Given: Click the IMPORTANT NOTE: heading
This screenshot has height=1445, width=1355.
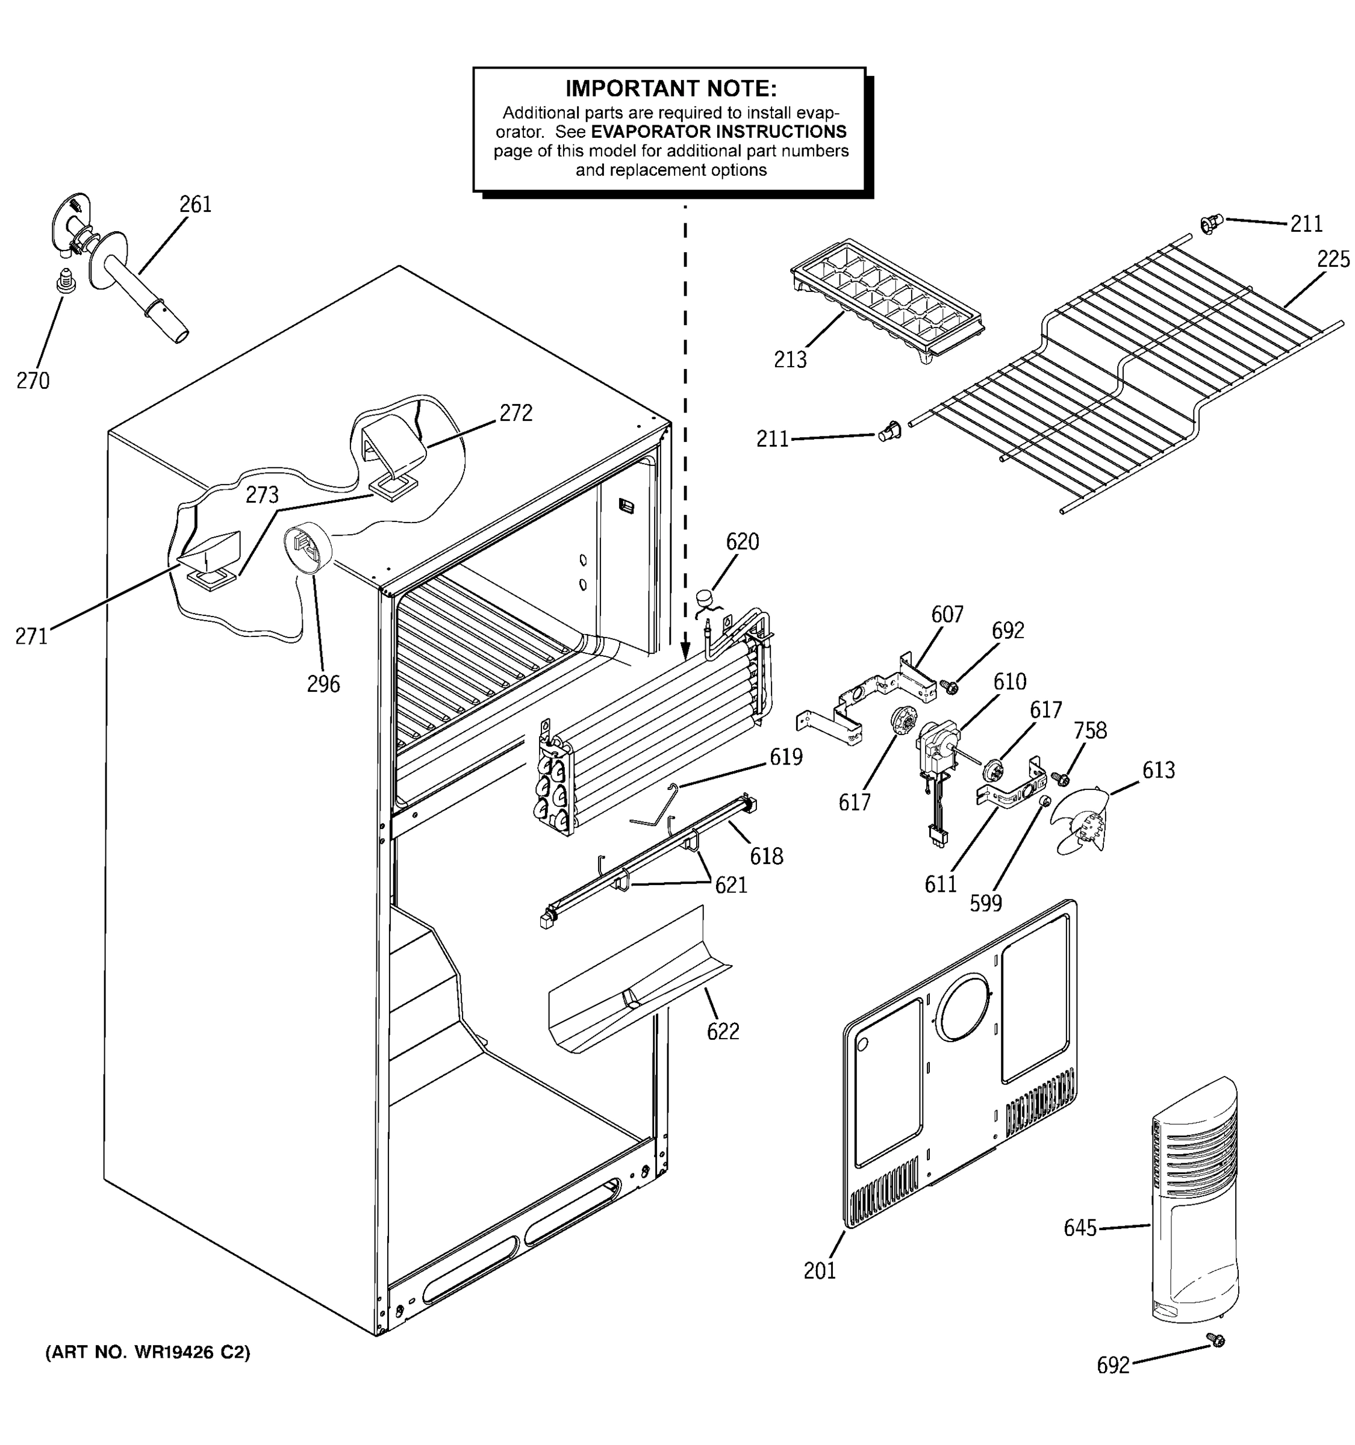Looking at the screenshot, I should coord(670,89).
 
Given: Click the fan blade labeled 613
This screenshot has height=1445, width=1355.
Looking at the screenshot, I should coord(1083,821).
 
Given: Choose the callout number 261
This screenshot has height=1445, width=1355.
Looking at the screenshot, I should coord(196,205).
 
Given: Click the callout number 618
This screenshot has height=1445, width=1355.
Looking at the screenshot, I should coord(765,856).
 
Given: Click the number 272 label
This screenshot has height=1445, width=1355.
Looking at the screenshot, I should coord(516,413).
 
